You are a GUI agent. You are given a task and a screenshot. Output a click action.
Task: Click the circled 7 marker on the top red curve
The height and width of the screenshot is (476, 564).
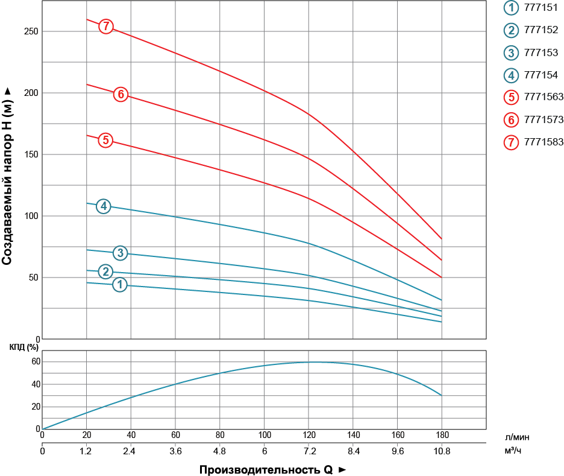[106, 27]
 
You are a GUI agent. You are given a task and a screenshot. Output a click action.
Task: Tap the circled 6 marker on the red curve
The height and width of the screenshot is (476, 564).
[121, 94]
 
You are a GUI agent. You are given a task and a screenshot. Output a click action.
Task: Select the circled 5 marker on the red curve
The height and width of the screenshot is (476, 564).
[105, 140]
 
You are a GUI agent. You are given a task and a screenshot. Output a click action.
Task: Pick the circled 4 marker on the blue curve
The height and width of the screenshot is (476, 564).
[104, 206]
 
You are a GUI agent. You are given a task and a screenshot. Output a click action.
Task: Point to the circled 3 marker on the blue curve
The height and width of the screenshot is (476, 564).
[121, 253]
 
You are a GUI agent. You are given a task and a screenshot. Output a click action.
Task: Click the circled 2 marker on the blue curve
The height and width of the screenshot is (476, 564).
[106, 271]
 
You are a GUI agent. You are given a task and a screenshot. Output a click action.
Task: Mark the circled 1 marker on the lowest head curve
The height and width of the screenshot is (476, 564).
[120, 284]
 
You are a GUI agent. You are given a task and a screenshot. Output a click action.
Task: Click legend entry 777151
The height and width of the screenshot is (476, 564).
[531, 8]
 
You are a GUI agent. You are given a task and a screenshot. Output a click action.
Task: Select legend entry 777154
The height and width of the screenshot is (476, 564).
[531, 75]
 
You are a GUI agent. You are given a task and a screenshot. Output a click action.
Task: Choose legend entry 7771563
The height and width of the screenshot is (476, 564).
[533, 97]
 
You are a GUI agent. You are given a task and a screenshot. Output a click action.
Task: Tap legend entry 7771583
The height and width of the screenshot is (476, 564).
[533, 142]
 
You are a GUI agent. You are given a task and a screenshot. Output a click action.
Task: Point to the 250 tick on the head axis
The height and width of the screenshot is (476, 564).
[31, 31]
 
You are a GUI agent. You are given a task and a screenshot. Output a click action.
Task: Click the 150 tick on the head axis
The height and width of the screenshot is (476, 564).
[31, 154]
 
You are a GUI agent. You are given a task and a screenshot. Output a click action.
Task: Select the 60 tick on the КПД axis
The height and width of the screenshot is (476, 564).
[36, 361]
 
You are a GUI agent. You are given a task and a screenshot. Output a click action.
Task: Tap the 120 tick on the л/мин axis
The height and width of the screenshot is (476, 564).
[309, 435]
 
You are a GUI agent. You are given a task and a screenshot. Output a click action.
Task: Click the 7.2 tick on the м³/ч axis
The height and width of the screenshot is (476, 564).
[310, 451]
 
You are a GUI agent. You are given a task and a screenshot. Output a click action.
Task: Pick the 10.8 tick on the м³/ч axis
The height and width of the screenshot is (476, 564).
[442, 451]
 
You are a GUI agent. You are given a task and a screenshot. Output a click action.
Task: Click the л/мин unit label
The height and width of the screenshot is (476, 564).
[517, 437]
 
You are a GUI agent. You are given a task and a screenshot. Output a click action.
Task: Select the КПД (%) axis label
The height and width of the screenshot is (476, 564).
[23, 347]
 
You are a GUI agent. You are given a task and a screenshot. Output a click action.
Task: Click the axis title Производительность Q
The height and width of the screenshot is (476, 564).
[266, 470]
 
